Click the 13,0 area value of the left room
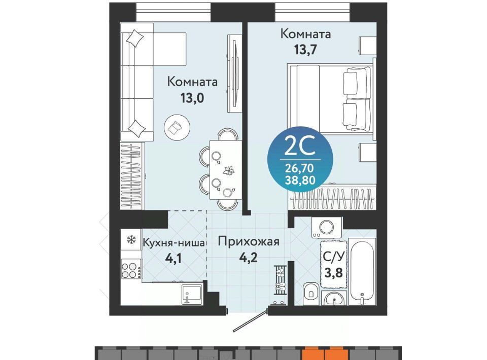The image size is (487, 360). click(x=192, y=98)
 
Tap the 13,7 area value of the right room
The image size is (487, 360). click(x=305, y=49)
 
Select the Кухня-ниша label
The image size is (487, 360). click(x=173, y=243)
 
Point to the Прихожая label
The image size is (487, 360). click(x=249, y=241)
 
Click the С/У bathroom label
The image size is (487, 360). click(x=334, y=257)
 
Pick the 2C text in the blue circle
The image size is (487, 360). click(x=300, y=148)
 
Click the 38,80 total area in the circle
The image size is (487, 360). click(x=300, y=179)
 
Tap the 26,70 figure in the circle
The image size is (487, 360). click(x=300, y=168)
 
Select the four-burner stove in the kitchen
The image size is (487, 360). click(x=130, y=270)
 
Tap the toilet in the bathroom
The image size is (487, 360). click(x=310, y=291)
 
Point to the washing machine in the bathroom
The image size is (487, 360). click(x=326, y=227)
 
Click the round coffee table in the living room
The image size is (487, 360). click(x=177, y=127)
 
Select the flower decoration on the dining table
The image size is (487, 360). click(x=229, y=170)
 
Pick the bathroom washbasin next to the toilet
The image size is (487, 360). click(x=334, y=299)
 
